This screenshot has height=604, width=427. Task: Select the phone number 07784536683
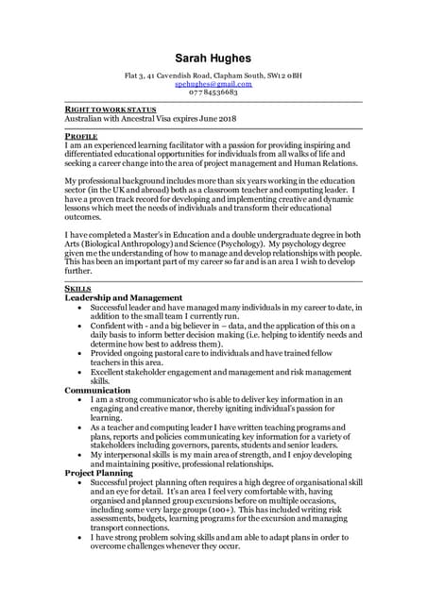coord(213,92)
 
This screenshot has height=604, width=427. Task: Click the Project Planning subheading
coord(105,472)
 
